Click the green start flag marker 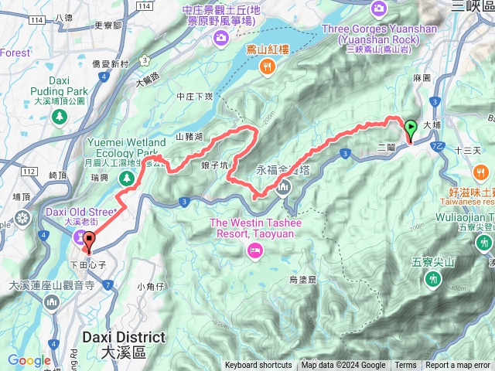coord(410,129)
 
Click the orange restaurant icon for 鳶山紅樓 coord(267,67)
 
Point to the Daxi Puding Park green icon coord(60,116)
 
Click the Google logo coord(29,360)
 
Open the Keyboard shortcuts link coord(258,366)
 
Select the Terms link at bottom coord(405,366)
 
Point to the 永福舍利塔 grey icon coord(285,185)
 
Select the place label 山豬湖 coord(189,137)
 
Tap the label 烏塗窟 coord(302,278)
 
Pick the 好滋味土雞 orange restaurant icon coord(481,172)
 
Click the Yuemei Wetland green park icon coord(127,179)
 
